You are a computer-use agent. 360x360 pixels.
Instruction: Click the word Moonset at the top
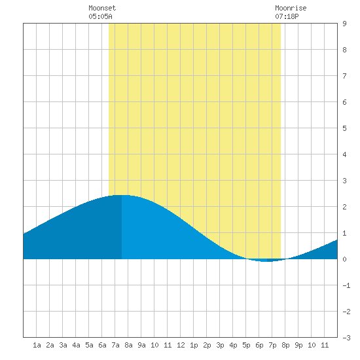[x=102, y=8]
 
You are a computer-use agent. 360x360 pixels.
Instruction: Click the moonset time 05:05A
[x=100, y=16]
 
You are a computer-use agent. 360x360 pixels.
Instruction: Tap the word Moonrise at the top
[x=291, y=8]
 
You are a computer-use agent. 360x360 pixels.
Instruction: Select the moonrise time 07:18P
[x=287, y=16]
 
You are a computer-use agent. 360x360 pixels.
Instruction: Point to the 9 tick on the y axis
[x=344, y=24]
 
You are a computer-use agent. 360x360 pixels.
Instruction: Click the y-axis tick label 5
[x=344, y=128]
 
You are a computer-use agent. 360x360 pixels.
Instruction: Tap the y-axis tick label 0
[x=344, y=259]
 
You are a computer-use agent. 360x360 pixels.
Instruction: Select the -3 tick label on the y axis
[x=346, y=338]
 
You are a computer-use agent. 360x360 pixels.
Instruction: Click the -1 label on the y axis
[x=346, y=285]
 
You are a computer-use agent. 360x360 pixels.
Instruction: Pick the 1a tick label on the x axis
[x=37, y=345]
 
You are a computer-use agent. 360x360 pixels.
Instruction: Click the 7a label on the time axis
[x=115, y=345]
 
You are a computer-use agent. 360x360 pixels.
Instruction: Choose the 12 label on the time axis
[x=181, y=345]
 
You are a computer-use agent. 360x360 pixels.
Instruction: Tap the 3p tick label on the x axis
[x=220, y=345]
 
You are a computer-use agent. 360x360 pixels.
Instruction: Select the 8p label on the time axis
[x=285, y=345]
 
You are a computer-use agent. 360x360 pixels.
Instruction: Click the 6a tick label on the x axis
[x=102, y=345]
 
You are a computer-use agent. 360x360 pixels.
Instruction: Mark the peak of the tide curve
[x=122, y=195]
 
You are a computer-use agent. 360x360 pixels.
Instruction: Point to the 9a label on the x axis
[x=141, y=345]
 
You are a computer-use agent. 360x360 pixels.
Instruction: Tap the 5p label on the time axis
[x=246, y=345]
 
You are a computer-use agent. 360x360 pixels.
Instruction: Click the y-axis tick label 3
[x=344, y=181]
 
